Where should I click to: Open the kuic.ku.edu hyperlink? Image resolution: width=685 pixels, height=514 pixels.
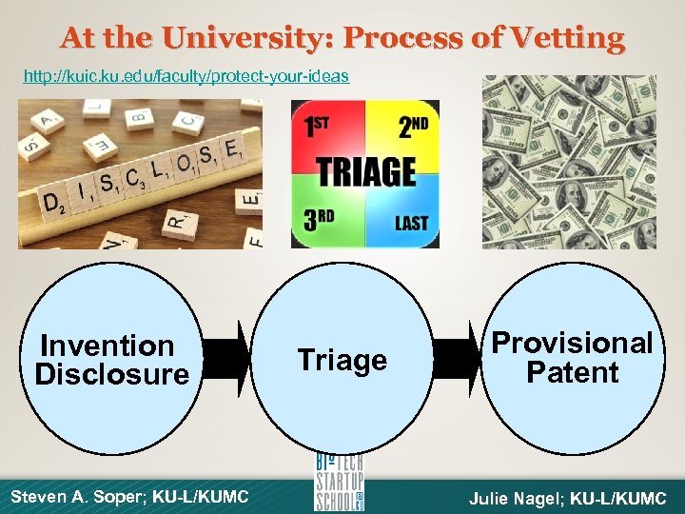pos(186,76)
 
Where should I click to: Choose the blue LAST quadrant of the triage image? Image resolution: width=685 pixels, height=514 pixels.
pos(406,219)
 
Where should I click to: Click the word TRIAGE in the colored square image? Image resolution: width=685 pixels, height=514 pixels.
pos(365,172)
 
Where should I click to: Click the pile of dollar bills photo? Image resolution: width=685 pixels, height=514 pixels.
pos(569,162)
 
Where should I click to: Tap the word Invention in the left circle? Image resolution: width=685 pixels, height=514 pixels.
pos(108,345)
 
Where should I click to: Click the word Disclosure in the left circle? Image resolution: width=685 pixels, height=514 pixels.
pos(111,374)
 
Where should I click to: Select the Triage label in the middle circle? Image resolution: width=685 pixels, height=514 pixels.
pos(342,360)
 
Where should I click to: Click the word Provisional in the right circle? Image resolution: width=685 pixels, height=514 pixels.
pos(573,343)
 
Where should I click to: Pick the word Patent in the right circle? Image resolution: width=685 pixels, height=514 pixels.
pos(573,372)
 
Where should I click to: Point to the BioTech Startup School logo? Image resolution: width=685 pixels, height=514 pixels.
pos(340,483)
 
